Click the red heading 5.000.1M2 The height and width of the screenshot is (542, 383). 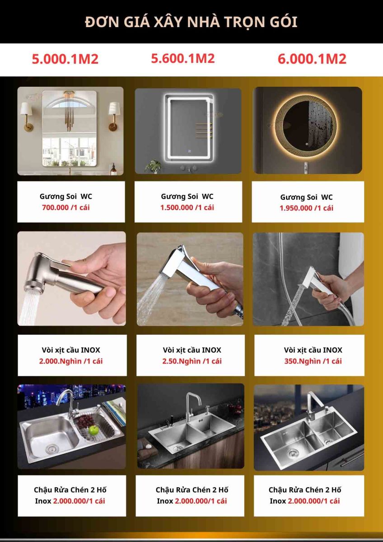pyautogui.click(x=65, y=59)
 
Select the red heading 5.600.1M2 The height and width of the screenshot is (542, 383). pyautogui.click(x=183, y=58)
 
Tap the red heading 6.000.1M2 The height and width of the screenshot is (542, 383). pyautogui.click(x=312, y=59)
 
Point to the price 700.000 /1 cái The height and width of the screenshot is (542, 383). pyautogui.click(x=66, y=207)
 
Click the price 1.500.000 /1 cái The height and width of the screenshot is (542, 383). pyautogui.click(x=187, y=207)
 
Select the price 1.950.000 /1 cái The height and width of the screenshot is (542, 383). pyautogui.click(x=307, y=208)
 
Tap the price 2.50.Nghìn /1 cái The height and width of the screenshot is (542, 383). pyautogui.click(x=192, y=361)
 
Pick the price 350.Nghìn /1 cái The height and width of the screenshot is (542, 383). pyautogui.click(x=313, y=361)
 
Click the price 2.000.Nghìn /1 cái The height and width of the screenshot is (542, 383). pyautogui.click(x=71, y=361)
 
